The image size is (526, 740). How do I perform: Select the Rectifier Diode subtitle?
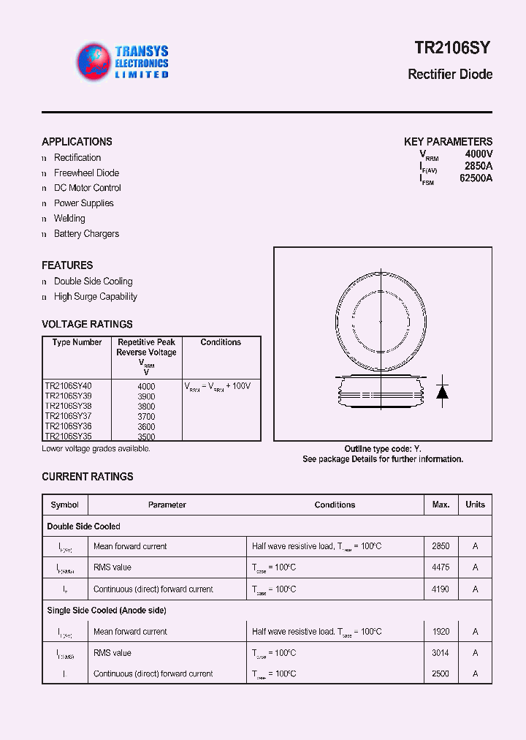click(x=449, y=75)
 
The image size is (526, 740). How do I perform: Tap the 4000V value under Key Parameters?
click(x=479, y=154)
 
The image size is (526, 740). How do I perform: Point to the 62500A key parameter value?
click(x=476, y=178)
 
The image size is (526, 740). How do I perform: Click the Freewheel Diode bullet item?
click(x=86, y=173)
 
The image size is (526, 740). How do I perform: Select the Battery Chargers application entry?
click(x=86, y=234)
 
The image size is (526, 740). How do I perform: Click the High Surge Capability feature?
click(x=95, y=297)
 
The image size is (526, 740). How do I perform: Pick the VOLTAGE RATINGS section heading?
click(x=87, y=324)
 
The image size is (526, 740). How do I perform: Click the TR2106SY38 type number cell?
click(x=68, y=406)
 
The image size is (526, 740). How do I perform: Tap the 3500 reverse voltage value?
click(x=146, y=437)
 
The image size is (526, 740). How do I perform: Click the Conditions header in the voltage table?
click(x=221, y=342)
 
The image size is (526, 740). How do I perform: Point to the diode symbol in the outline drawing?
click(x=442, y=391)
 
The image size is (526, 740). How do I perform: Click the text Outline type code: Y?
click(x=383, y=449)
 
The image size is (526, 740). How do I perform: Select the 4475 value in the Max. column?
click(x=441, y=567)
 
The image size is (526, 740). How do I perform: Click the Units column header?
click(x=475, y=505)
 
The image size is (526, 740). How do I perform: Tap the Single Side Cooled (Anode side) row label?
click(x=107, y=611)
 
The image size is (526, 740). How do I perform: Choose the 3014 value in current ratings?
click(x=441, y=653)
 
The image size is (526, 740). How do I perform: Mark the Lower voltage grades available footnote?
click(x=96, y=448)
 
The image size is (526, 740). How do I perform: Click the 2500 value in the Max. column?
click(x=441, y=674)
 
